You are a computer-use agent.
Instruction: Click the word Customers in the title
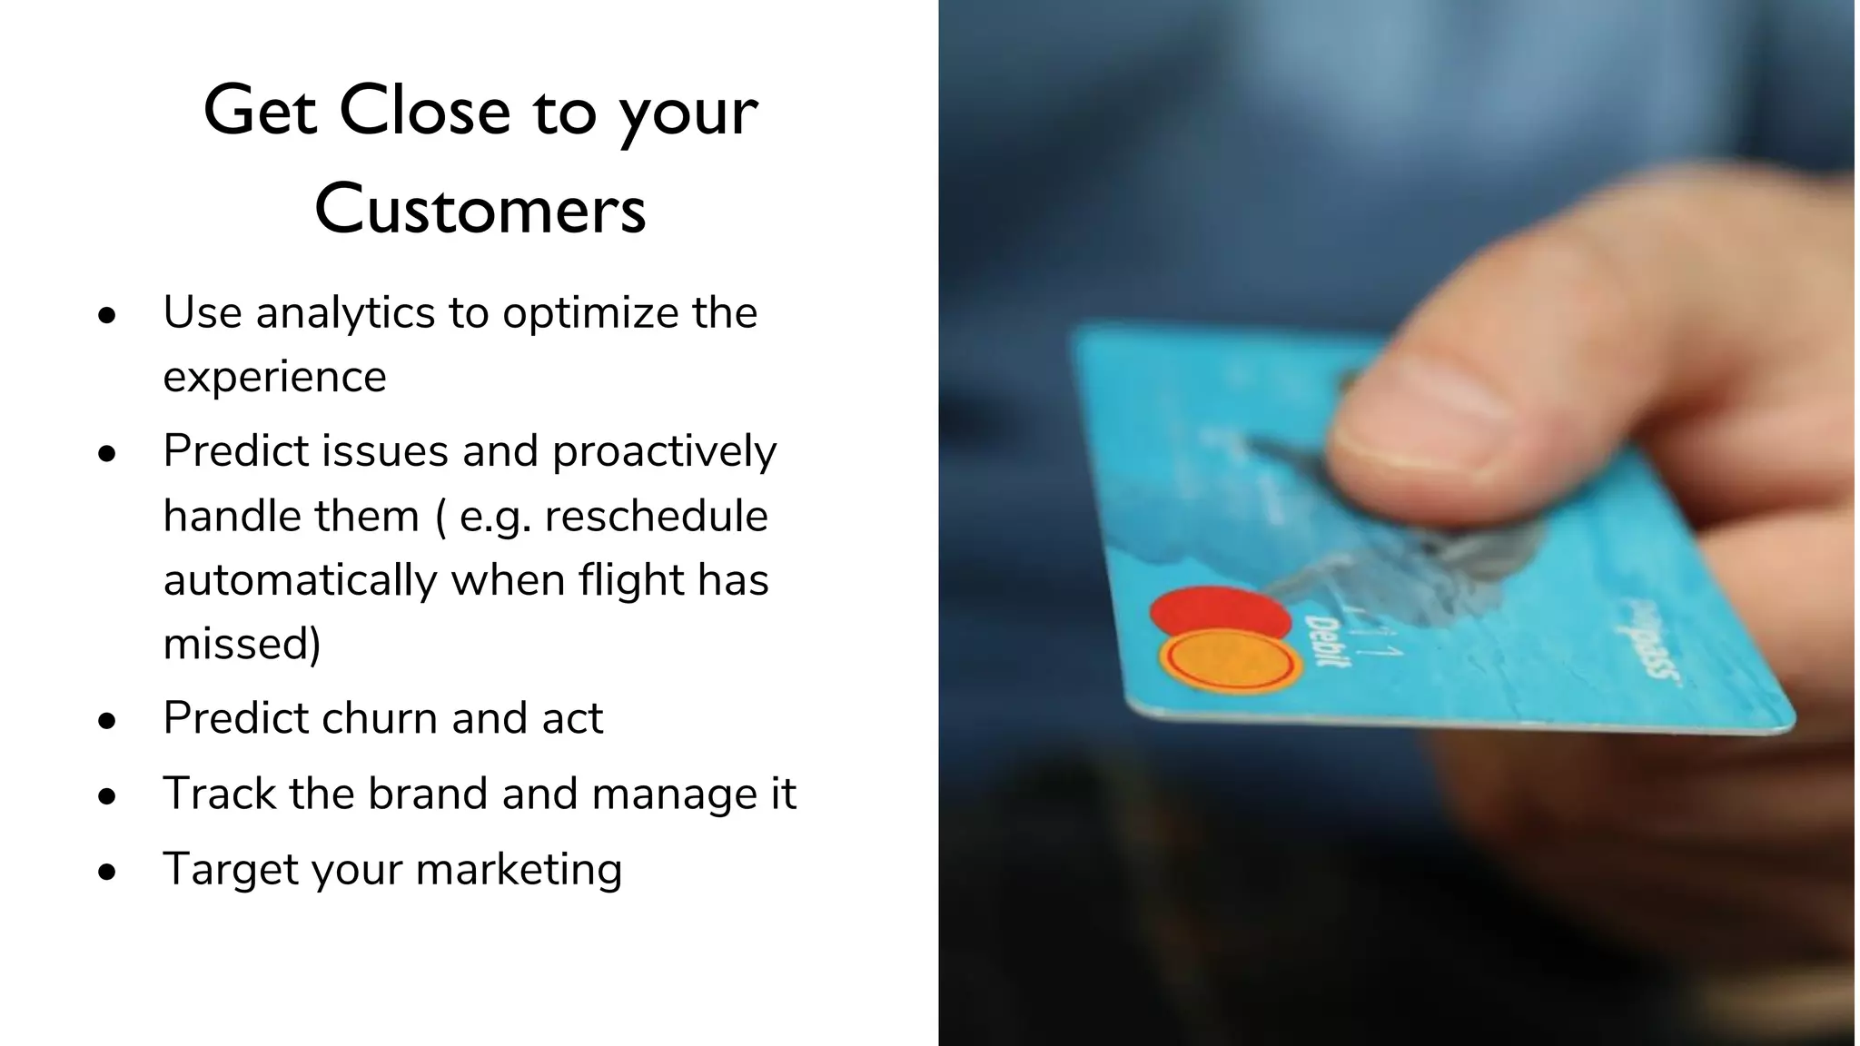(480, 209)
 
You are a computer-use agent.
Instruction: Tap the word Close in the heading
(425, 111)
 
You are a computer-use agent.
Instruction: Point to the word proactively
(664, 451)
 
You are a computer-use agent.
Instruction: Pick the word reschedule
(656, 516)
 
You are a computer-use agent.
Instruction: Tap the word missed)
(242, 644)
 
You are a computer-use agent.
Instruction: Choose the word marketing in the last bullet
(519, 869)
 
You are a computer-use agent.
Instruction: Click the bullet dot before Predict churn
(108, 721)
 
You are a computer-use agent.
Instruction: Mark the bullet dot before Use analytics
(108, 316)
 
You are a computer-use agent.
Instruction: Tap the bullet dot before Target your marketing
(108, 872)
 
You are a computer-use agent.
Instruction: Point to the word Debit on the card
(1327, 640)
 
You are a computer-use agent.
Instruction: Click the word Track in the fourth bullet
(218, 794)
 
